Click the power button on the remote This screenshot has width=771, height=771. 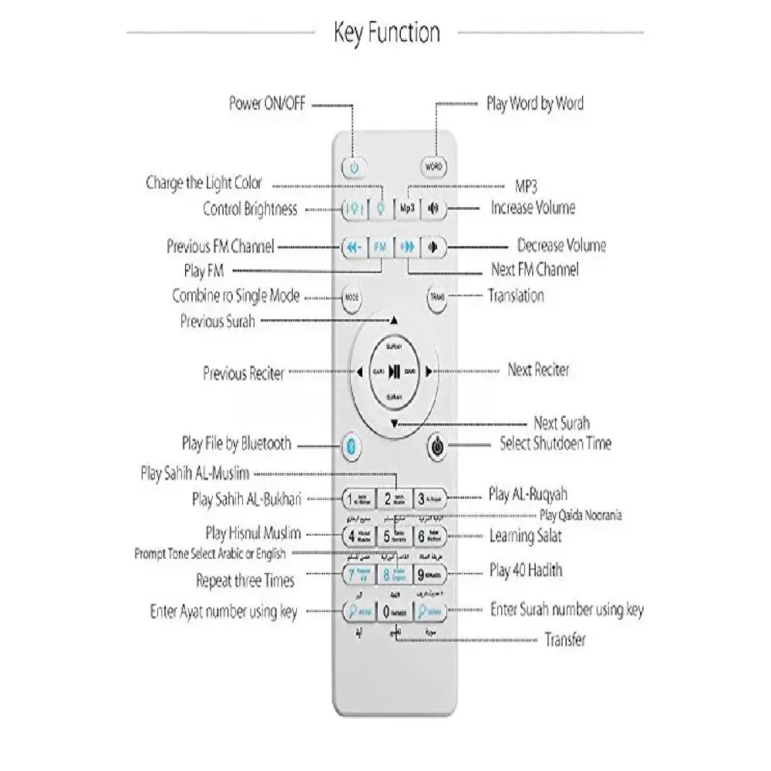point(354,167)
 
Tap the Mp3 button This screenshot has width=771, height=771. point(406,208)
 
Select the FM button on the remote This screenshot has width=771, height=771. point(379,248)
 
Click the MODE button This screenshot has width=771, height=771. point(352,297)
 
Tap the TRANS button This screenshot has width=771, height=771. point(436,297)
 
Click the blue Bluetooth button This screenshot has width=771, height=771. point(352,445)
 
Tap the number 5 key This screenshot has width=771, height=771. point(395,536)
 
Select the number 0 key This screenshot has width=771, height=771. point(395,611)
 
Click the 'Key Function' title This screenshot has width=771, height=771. point(387,32)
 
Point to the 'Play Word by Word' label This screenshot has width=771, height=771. point(534,103)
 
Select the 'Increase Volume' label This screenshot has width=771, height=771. point(533,207)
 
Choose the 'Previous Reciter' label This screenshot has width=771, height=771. point(244,373)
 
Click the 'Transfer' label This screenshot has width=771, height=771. point(565,639)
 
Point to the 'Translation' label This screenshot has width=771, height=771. point(516,295)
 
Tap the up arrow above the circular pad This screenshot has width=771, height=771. point(394,318)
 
